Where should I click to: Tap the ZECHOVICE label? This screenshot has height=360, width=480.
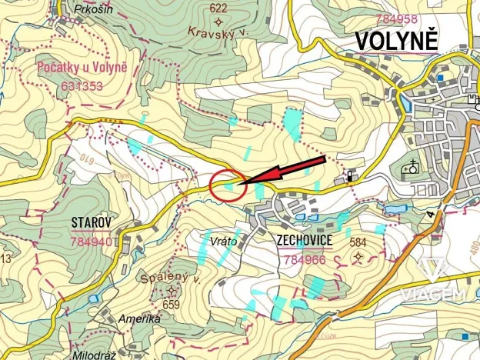pos(305,241)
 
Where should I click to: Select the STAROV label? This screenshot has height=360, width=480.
pos(92,223)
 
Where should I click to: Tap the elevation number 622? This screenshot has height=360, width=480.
pos(218,8)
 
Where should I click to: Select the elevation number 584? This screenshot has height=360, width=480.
pos(358,242)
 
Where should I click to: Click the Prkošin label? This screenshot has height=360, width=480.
pos(94,10)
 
